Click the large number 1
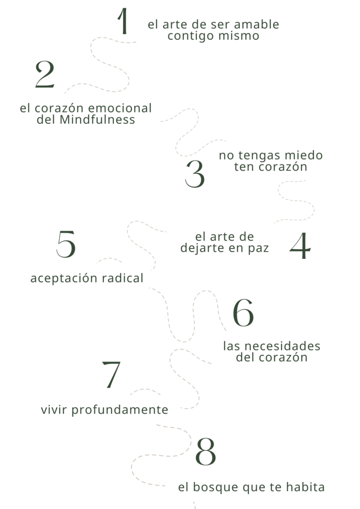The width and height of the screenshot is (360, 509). click(124, 22)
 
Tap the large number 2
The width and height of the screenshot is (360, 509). click(45, 76)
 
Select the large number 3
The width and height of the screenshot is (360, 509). click(195, 174)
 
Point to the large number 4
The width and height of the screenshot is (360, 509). click(300, 246)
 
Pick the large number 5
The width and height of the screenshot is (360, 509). click(66, 244)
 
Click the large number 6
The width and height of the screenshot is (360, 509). click(243, 313)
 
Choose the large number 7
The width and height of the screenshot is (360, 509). click(111, 375)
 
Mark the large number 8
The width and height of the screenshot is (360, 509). click(205, 452)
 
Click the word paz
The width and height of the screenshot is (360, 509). click(258, 248)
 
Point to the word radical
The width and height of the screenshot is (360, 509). click(122, 278)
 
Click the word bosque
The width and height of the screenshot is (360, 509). click(217, 487)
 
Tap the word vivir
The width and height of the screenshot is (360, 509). click(55, 410)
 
